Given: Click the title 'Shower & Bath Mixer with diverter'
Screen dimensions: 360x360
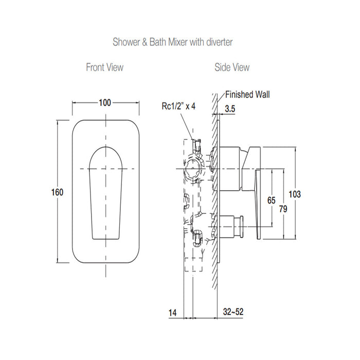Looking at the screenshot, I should (x=173, y=42).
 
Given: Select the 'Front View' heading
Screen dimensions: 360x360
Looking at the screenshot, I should (x=105, y=67).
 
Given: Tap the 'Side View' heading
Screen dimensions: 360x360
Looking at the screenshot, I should (x=231, y=67).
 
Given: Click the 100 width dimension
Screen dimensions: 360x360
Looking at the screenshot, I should (x=105, y=102).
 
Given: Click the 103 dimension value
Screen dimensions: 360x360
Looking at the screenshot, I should (x=295, y=194).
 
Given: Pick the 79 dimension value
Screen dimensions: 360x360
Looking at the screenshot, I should (x=283, y=208).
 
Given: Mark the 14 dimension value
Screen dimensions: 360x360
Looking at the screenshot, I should (x=172, y=312).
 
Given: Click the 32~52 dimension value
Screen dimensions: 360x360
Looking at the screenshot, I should (x=233, y=312).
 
